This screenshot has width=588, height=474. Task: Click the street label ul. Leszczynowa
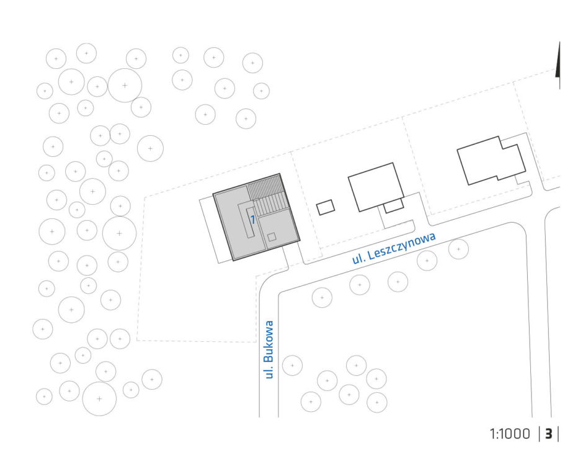[394, 248]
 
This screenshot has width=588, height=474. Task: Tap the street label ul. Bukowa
[269, 349]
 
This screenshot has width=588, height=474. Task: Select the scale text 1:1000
[510, 434]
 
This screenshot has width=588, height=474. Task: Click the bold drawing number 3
[549, 434]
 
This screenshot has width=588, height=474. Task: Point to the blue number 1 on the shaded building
[253, 220]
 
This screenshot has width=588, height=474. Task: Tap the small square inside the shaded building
[272, 237]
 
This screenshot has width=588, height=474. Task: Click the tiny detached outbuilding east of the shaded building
[326, 207]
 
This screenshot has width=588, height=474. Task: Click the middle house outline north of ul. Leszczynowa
[376, 187]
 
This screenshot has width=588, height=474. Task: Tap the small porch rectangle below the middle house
[393, 205]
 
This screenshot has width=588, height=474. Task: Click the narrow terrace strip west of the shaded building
[212, 230]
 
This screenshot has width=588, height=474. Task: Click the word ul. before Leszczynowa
[358, 257]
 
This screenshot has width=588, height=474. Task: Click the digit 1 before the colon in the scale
[492, 434]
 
